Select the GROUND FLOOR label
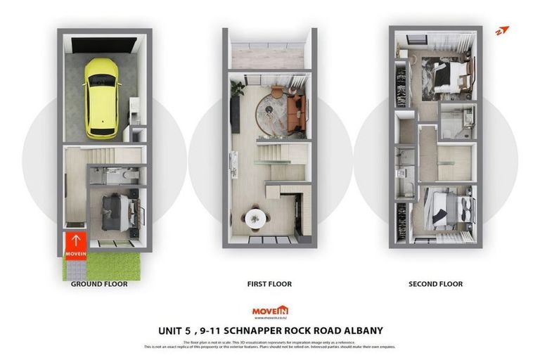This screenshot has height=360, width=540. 99,284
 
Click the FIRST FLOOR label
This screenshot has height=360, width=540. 269,284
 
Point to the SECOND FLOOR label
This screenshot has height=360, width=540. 435,284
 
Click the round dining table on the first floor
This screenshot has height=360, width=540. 255,219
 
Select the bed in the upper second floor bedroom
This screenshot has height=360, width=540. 447,73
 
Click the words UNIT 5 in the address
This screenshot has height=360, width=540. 174,330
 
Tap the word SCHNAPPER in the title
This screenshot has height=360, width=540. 262,330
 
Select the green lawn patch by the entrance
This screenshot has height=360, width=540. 101,265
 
